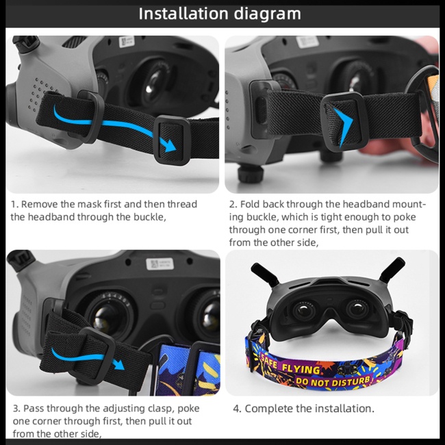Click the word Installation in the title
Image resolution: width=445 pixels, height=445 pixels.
181,14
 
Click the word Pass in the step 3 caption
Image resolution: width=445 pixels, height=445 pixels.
33,408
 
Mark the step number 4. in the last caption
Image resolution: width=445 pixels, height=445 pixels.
237,408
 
